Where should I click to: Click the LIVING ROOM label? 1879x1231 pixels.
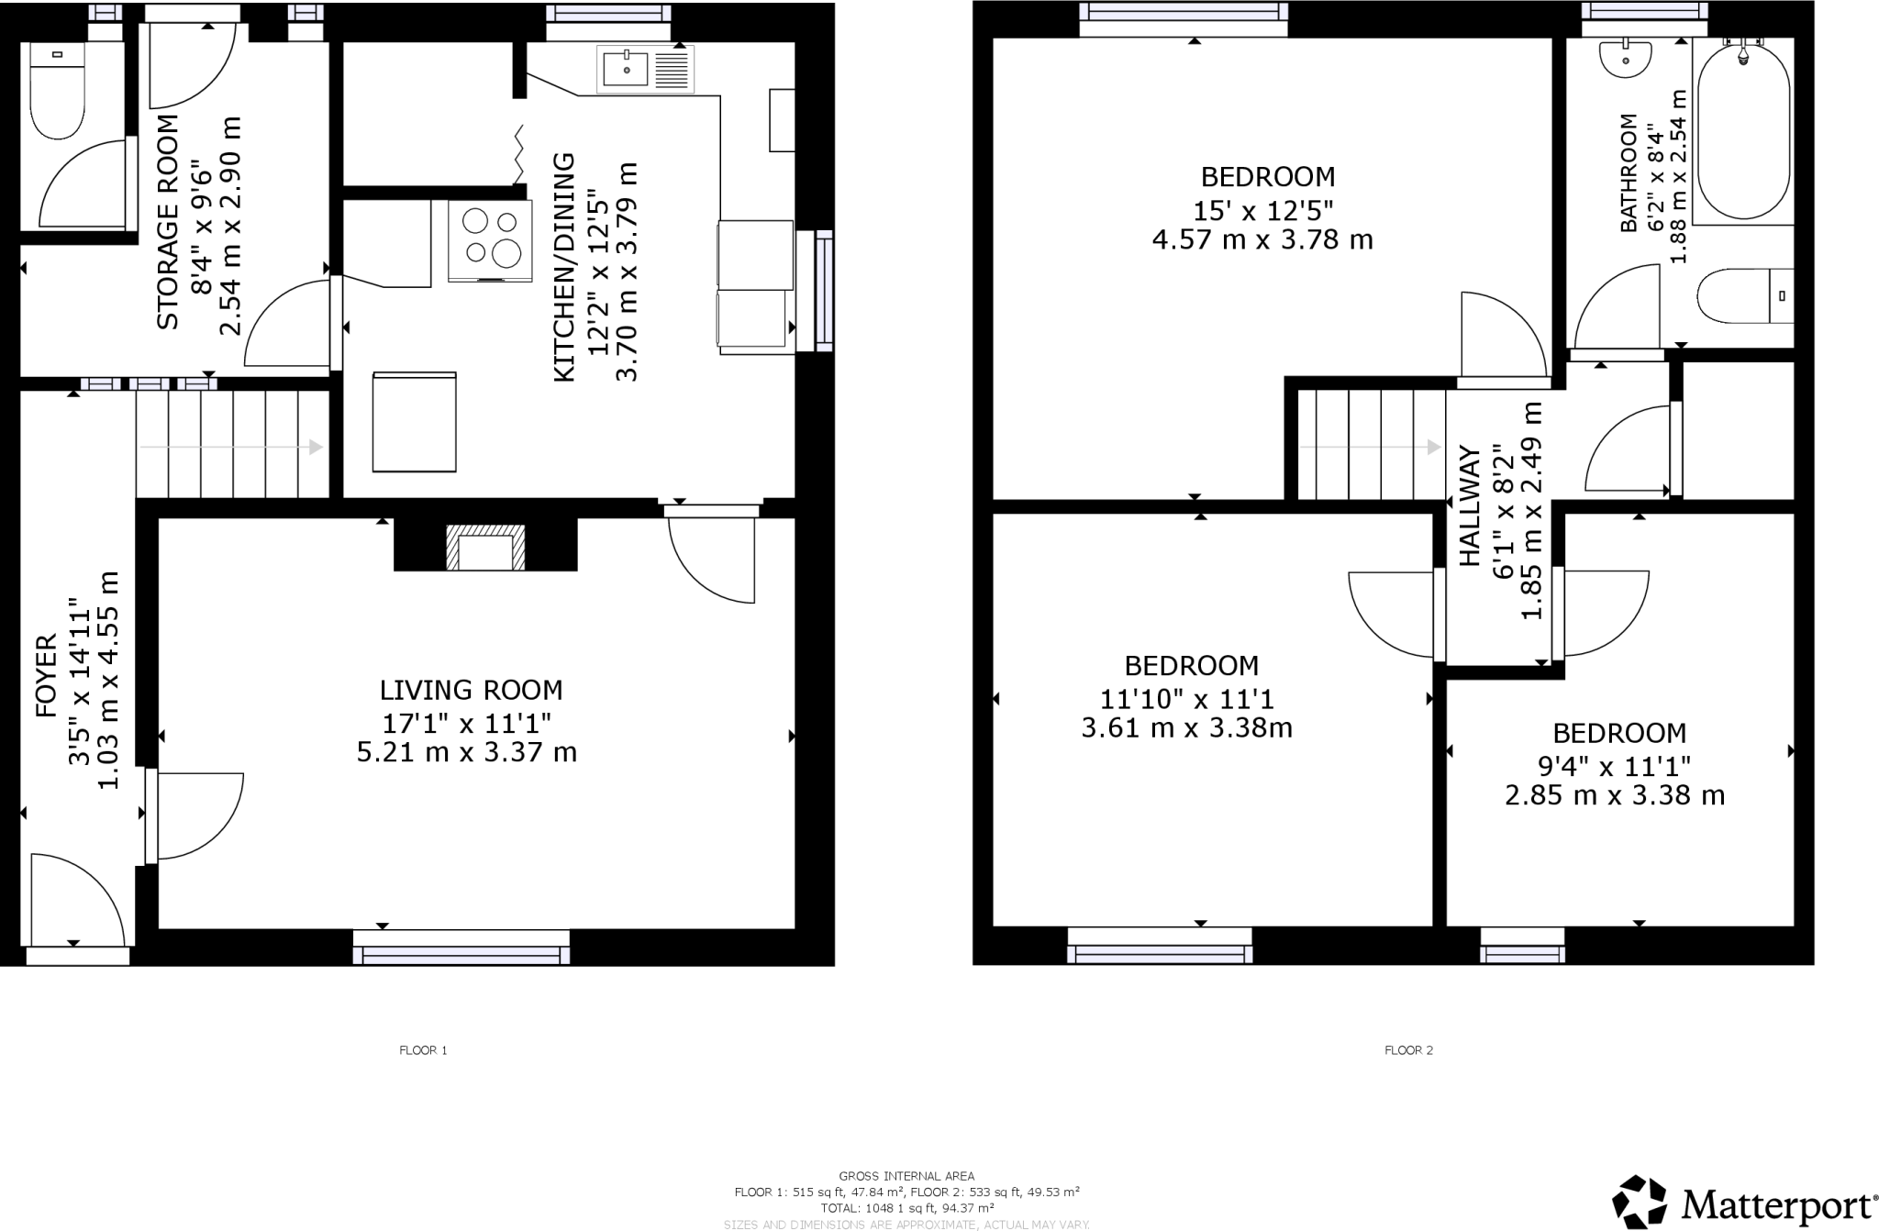pos(471,690)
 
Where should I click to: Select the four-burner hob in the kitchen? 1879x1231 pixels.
pos(490,239)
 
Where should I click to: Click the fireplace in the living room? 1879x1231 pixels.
pos(486,549)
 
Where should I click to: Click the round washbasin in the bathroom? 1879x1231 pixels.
pos(1625,58)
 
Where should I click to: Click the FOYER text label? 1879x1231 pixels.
pos(45,675)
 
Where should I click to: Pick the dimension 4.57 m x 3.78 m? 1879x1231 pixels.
pos(1262,240)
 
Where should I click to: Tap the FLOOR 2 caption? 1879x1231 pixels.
pos(1408,1050)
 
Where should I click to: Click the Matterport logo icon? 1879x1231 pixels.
pos(1640,1202)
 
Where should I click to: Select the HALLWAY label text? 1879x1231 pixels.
pos(1470,505)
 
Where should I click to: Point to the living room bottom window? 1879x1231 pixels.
pos(461,948)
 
